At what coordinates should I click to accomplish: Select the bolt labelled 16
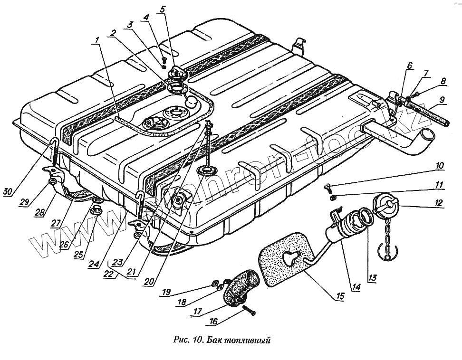(x=249, y=311)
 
